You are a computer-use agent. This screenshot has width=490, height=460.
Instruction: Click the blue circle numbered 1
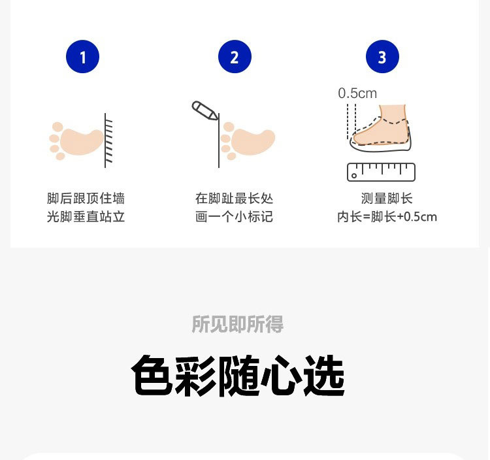point(82,57)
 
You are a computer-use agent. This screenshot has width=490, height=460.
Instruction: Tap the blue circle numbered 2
point(235,57)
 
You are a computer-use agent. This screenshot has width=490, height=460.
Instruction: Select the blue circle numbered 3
point(382,57)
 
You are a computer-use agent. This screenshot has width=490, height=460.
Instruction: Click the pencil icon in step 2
point(205,110)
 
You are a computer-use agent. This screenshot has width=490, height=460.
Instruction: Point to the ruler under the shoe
point(382,172)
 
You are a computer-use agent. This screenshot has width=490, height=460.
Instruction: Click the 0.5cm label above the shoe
point(357,93)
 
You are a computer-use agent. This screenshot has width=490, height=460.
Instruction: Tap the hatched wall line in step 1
point(108,140)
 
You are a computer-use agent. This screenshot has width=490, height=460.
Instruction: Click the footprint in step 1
point(76,141)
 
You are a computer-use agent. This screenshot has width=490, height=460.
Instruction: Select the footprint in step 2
point(248,141)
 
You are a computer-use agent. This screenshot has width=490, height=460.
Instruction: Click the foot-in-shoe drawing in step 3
point(380,128)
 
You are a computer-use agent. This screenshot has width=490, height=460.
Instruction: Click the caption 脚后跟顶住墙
point(86,198)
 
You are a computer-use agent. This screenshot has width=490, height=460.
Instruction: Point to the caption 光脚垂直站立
point(86,216)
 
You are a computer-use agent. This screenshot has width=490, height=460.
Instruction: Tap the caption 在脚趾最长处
point(235,198)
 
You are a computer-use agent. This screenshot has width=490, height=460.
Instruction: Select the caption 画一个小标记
point(235,216)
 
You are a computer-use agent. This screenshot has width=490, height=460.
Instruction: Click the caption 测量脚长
point(387,198)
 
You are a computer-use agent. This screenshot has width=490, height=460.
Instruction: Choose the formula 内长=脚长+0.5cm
point(387,216)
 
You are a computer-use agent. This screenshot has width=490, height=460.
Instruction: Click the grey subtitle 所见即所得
point(238,324)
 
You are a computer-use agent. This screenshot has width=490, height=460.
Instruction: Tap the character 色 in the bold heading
point(152,375)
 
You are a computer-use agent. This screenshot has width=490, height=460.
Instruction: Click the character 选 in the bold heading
point(324,375)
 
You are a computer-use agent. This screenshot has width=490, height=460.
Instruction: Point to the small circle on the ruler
point(354,176)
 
